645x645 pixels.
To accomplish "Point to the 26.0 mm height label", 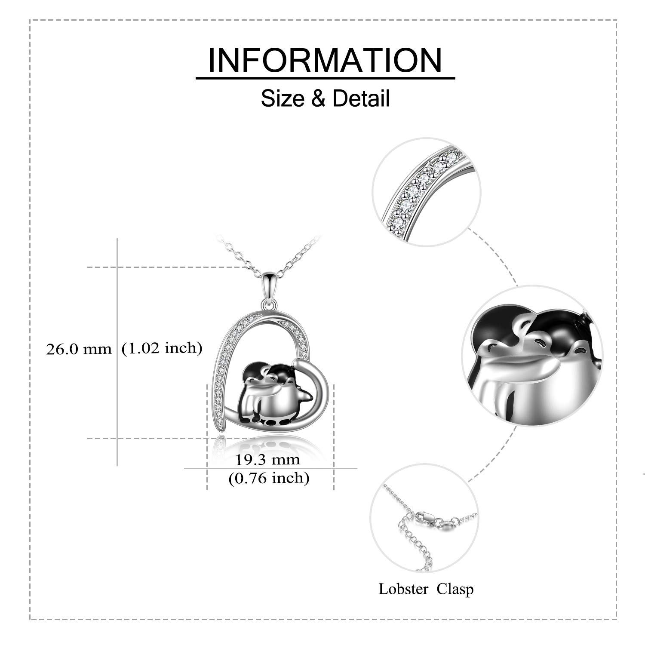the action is tap(79, 349).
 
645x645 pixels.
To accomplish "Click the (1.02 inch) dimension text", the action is tap(162, 348).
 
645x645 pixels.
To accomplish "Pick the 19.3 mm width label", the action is tap(267, 459).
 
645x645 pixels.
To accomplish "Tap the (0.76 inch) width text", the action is tap(269, 478).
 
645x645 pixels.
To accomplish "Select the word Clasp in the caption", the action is tap(455, 589).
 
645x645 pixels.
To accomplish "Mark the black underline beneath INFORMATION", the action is tap(326, 78).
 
